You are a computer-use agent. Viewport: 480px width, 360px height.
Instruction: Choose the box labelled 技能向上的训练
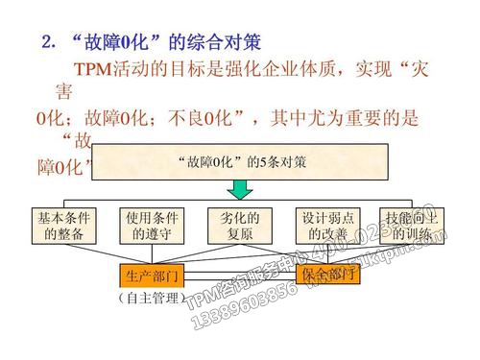pyautogui.click(x=413, y=225)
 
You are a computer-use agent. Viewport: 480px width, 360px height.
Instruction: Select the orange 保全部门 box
pyautogui.click(x=329, y=276)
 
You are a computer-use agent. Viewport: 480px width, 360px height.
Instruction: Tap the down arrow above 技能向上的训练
pyautogui.click(x=413, y=198)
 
